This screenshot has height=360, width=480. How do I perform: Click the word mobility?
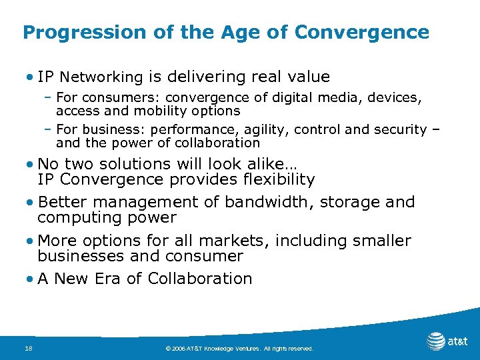coord(159,111)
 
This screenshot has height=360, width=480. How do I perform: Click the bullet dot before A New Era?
coord(31,279)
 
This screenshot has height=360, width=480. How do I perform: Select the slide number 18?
coord(27,347)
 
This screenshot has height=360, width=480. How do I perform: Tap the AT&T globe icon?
coord(436,341)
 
